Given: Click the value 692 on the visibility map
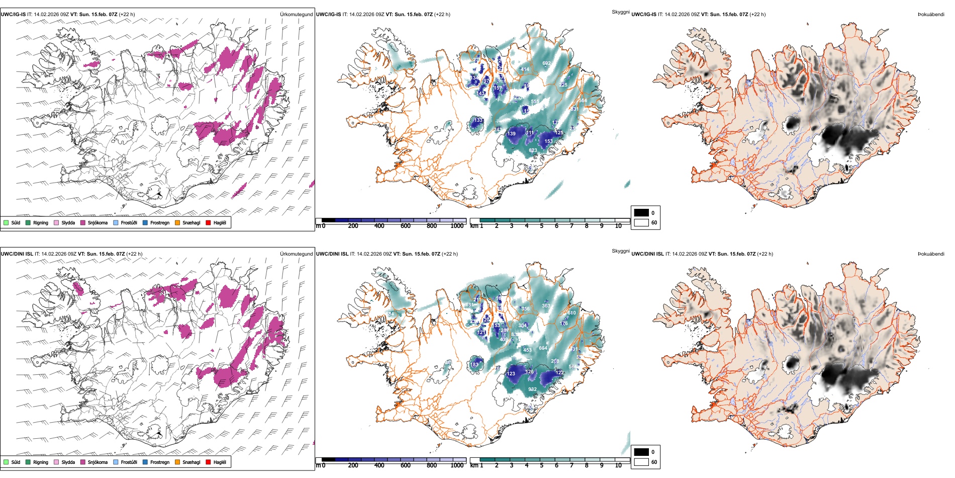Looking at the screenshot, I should pos(546,63).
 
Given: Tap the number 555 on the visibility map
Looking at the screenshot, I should pos(535,102).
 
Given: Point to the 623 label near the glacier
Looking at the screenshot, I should pos(533,150).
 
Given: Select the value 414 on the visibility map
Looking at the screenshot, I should pos(525,69).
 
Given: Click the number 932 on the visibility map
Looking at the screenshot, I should pos(532,389).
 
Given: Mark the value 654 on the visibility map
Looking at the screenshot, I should pos(543,348).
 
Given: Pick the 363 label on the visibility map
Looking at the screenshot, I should pos(546,306).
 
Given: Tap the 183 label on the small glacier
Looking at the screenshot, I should pos(474,365).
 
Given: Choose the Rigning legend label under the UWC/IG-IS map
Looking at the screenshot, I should pos(41,223).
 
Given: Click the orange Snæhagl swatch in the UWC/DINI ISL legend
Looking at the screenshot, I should pos(177,462).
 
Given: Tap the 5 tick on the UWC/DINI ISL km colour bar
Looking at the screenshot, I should pos(541,465).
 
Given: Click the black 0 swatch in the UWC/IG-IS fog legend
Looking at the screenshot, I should pos(641,213).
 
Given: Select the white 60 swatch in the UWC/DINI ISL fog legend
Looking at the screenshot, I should pos(641,462).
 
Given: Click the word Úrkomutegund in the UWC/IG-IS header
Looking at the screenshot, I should pos(296,15).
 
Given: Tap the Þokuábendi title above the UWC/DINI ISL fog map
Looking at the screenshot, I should pos(931,254).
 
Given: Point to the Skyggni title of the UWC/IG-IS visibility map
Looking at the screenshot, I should pos(620,12).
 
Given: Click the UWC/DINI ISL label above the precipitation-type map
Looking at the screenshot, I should pos(17,254).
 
